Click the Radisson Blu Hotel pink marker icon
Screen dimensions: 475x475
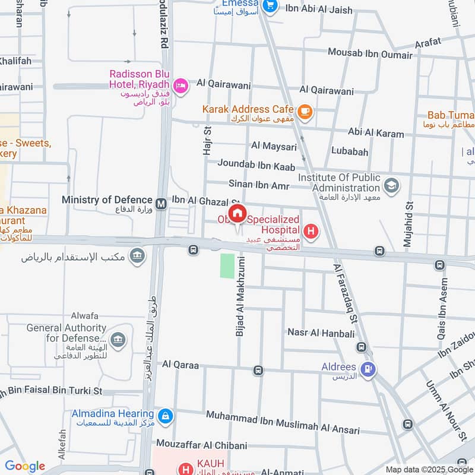point(181,85)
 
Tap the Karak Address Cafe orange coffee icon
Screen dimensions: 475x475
point(305,110)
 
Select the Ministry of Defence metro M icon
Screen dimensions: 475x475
point(160,204)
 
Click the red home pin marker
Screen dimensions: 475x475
point(237,214)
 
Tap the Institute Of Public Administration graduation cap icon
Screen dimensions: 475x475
point(391,186)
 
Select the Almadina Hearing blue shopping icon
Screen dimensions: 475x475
point(166,416)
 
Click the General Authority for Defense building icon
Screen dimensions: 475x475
point(118,340)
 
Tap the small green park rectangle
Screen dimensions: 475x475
point(227,266)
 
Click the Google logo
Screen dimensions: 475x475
point(25,466)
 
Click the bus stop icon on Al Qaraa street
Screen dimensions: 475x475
point(258,370)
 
